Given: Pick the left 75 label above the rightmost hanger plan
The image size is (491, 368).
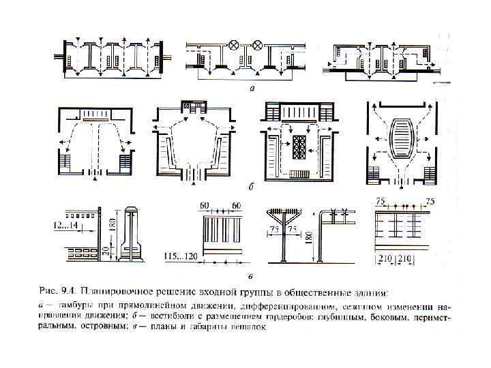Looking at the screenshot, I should (x=382, y=202).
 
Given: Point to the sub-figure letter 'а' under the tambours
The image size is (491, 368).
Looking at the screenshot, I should (x=252, y=88).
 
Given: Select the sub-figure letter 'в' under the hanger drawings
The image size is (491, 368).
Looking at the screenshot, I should (x=252, y=276).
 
